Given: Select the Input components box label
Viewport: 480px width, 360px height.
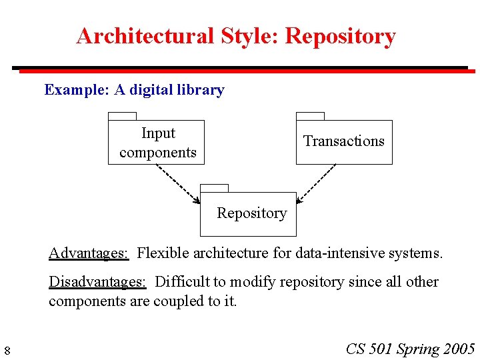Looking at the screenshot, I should click(158, 143).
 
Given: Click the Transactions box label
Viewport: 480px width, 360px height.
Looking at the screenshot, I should click(344, 141).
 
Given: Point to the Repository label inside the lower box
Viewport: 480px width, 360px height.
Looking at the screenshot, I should click(251, 213).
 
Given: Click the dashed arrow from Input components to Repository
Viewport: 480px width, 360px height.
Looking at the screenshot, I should click(178, 183).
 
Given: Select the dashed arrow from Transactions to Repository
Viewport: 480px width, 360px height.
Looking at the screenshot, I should click(316, 183).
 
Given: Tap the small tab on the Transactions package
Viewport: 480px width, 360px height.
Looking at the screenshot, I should click(310, 117).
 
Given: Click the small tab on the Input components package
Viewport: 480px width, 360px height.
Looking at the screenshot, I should click(122, 117).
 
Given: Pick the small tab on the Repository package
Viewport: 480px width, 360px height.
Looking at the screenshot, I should click(214, 188).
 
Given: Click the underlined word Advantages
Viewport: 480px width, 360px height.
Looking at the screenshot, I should click(89, 253).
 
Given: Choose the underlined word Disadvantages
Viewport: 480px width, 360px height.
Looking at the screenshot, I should click(97, 281).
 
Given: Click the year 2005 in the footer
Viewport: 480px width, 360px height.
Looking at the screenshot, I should click(459, 349).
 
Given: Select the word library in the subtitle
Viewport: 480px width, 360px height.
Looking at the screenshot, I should click(201, 90).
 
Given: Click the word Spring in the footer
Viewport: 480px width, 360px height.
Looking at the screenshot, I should click(417, 349).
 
